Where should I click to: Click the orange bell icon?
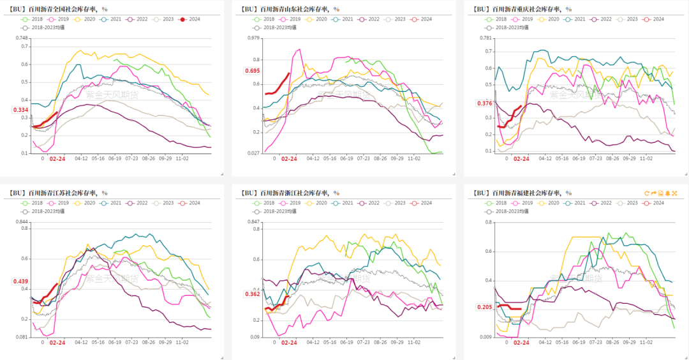[x=667, y=193]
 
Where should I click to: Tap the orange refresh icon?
[x=647, y=193]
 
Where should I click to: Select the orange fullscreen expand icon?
[x=674, y=193]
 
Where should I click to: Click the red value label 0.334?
[x=20, y=110]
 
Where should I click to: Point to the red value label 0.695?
[x=252, y=70]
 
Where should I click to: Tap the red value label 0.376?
[x=484, y=103]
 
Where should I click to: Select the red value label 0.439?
[x=20, y=281]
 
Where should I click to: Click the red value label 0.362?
[x=252, y=294]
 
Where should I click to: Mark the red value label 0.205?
[x=484, y=307]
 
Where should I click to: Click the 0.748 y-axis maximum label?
[x=23, y=38]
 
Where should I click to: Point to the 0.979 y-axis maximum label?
[x=254, y=38]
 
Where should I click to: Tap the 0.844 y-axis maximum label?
[x=23, y=221]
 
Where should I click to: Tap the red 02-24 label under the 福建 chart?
[x=521, y=343]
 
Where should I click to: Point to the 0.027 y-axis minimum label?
[x=254, y=153]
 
